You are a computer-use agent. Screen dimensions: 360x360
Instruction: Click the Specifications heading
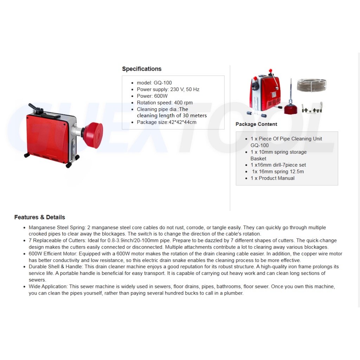point(142,69)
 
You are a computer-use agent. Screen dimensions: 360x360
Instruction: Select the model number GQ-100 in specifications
point(162,83)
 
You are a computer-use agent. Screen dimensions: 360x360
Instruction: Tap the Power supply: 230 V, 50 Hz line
point(168,89)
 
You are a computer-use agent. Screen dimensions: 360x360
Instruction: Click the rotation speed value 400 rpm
point(183,103)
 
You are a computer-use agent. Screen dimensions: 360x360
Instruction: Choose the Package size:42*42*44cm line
point(167,122)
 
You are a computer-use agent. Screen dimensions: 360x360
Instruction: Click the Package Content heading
point(256,124)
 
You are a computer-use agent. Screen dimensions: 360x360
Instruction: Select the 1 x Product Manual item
point(272,178)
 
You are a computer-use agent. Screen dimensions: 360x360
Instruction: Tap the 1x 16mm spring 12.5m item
point(278,172)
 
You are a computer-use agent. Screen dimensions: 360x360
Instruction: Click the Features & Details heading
point(40,217)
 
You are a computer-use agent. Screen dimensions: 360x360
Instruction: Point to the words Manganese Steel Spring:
point(57,227)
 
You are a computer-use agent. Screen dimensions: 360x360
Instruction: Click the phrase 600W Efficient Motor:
point(53,254)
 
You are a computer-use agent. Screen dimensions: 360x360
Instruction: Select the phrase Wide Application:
point(48,287)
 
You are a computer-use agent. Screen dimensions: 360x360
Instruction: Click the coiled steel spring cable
point(311,85)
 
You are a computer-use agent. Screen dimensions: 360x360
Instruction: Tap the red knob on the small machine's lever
point(270,70)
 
